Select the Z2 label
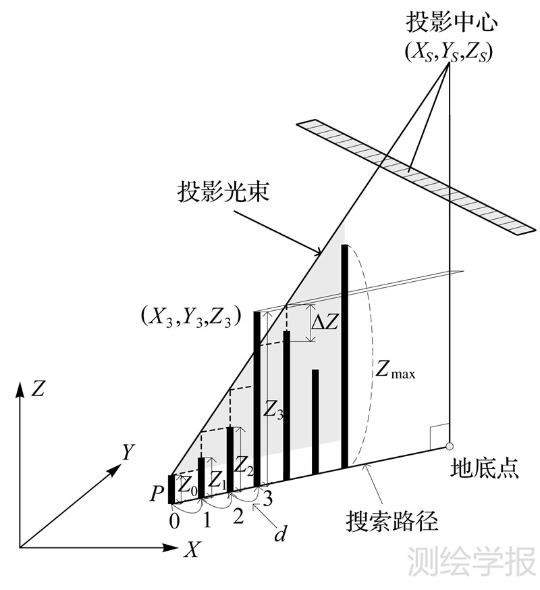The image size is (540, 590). pos(244,465)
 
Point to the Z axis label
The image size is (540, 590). pos(38,389)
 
